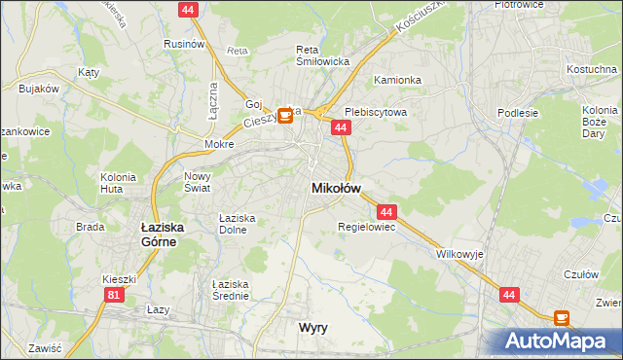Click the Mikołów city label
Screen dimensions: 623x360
pyautogui.click(x=336, y=188)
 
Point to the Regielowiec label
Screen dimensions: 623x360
pyautogui.click(x=365, y=227)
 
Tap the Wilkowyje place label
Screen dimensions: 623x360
pyautogui.click(x=459, y=254)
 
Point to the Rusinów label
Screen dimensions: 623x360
pyautogui.click(x=184, y=44)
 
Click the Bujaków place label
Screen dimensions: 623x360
pyautogui.click(x=39, y=89)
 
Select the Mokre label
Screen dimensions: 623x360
pyautogui.click(x=219, y=144)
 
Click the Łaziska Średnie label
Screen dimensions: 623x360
pyautogui.click(x=231, y=289)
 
